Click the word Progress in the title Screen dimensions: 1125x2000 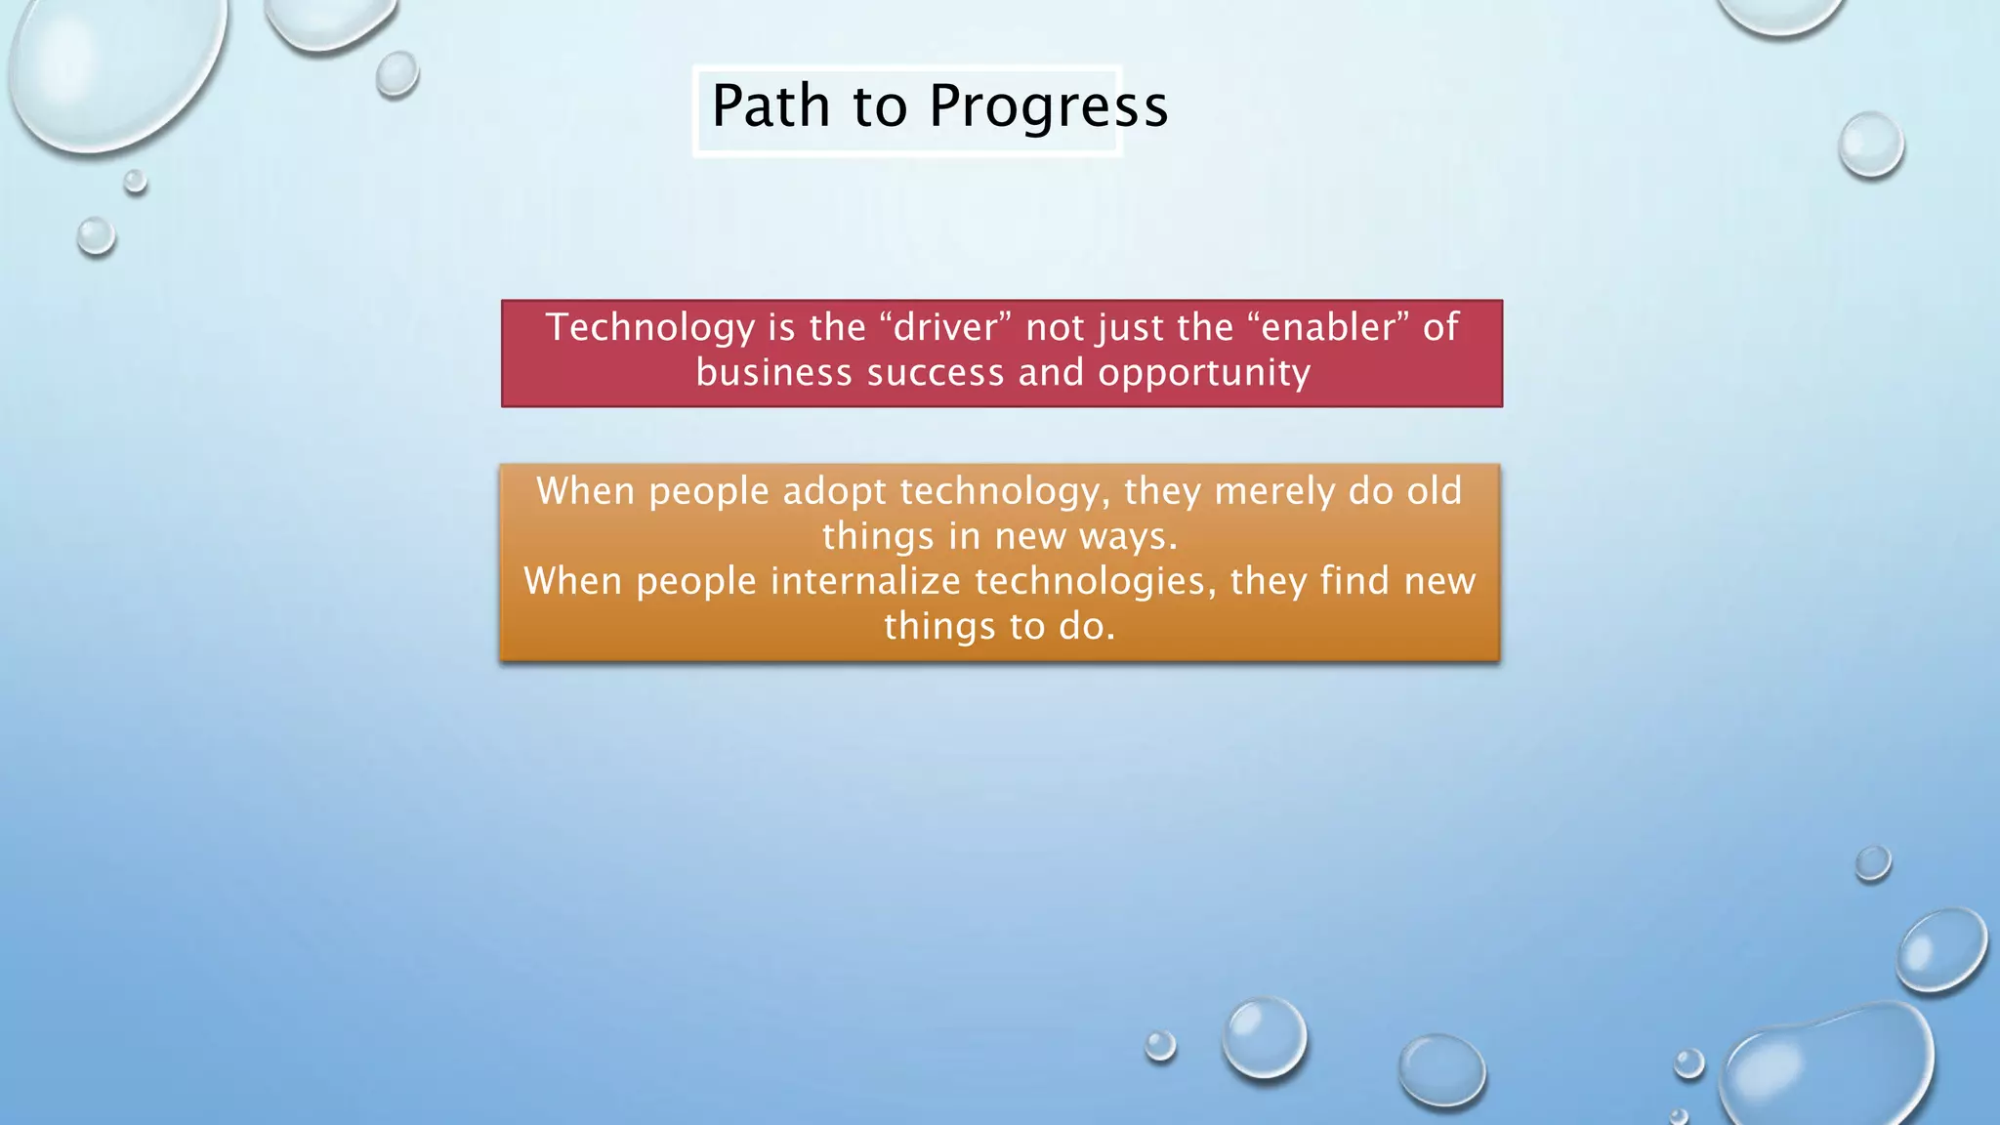coord(1048,107)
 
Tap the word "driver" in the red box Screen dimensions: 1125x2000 coord(945,327)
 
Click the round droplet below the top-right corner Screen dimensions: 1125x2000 coord(1870,145)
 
